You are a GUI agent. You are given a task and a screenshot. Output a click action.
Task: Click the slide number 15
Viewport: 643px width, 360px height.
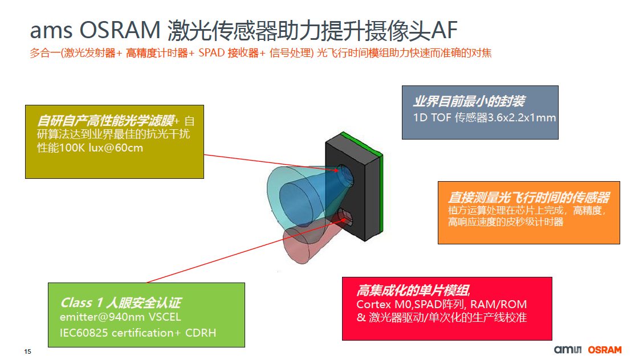[x=27, y=351]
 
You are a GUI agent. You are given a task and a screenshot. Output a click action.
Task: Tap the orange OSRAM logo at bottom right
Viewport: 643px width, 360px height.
[x=604, y=350]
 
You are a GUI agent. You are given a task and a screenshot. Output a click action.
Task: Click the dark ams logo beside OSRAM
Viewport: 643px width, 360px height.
[x=568, y=349]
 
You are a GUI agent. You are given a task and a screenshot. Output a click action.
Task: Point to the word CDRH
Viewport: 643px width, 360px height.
[x=201, y=333]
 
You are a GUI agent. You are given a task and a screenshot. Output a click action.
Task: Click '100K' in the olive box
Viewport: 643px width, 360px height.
[x=72, y=148]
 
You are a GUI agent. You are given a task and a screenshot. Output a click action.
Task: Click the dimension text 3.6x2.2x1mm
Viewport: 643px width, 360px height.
[x=522, y=118]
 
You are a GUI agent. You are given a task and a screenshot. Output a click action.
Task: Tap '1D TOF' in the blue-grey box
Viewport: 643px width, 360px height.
[x=432, y=118]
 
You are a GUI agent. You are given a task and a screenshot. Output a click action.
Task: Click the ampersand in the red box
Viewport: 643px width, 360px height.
[x=361, y=317]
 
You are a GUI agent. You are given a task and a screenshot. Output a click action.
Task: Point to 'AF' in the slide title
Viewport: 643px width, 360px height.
[x=445, y=30]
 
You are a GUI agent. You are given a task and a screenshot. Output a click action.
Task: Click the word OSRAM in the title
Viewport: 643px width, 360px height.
[x=120, y=30]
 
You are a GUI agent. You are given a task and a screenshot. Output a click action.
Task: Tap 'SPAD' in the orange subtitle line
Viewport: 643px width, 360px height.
[x=211, y=53]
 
